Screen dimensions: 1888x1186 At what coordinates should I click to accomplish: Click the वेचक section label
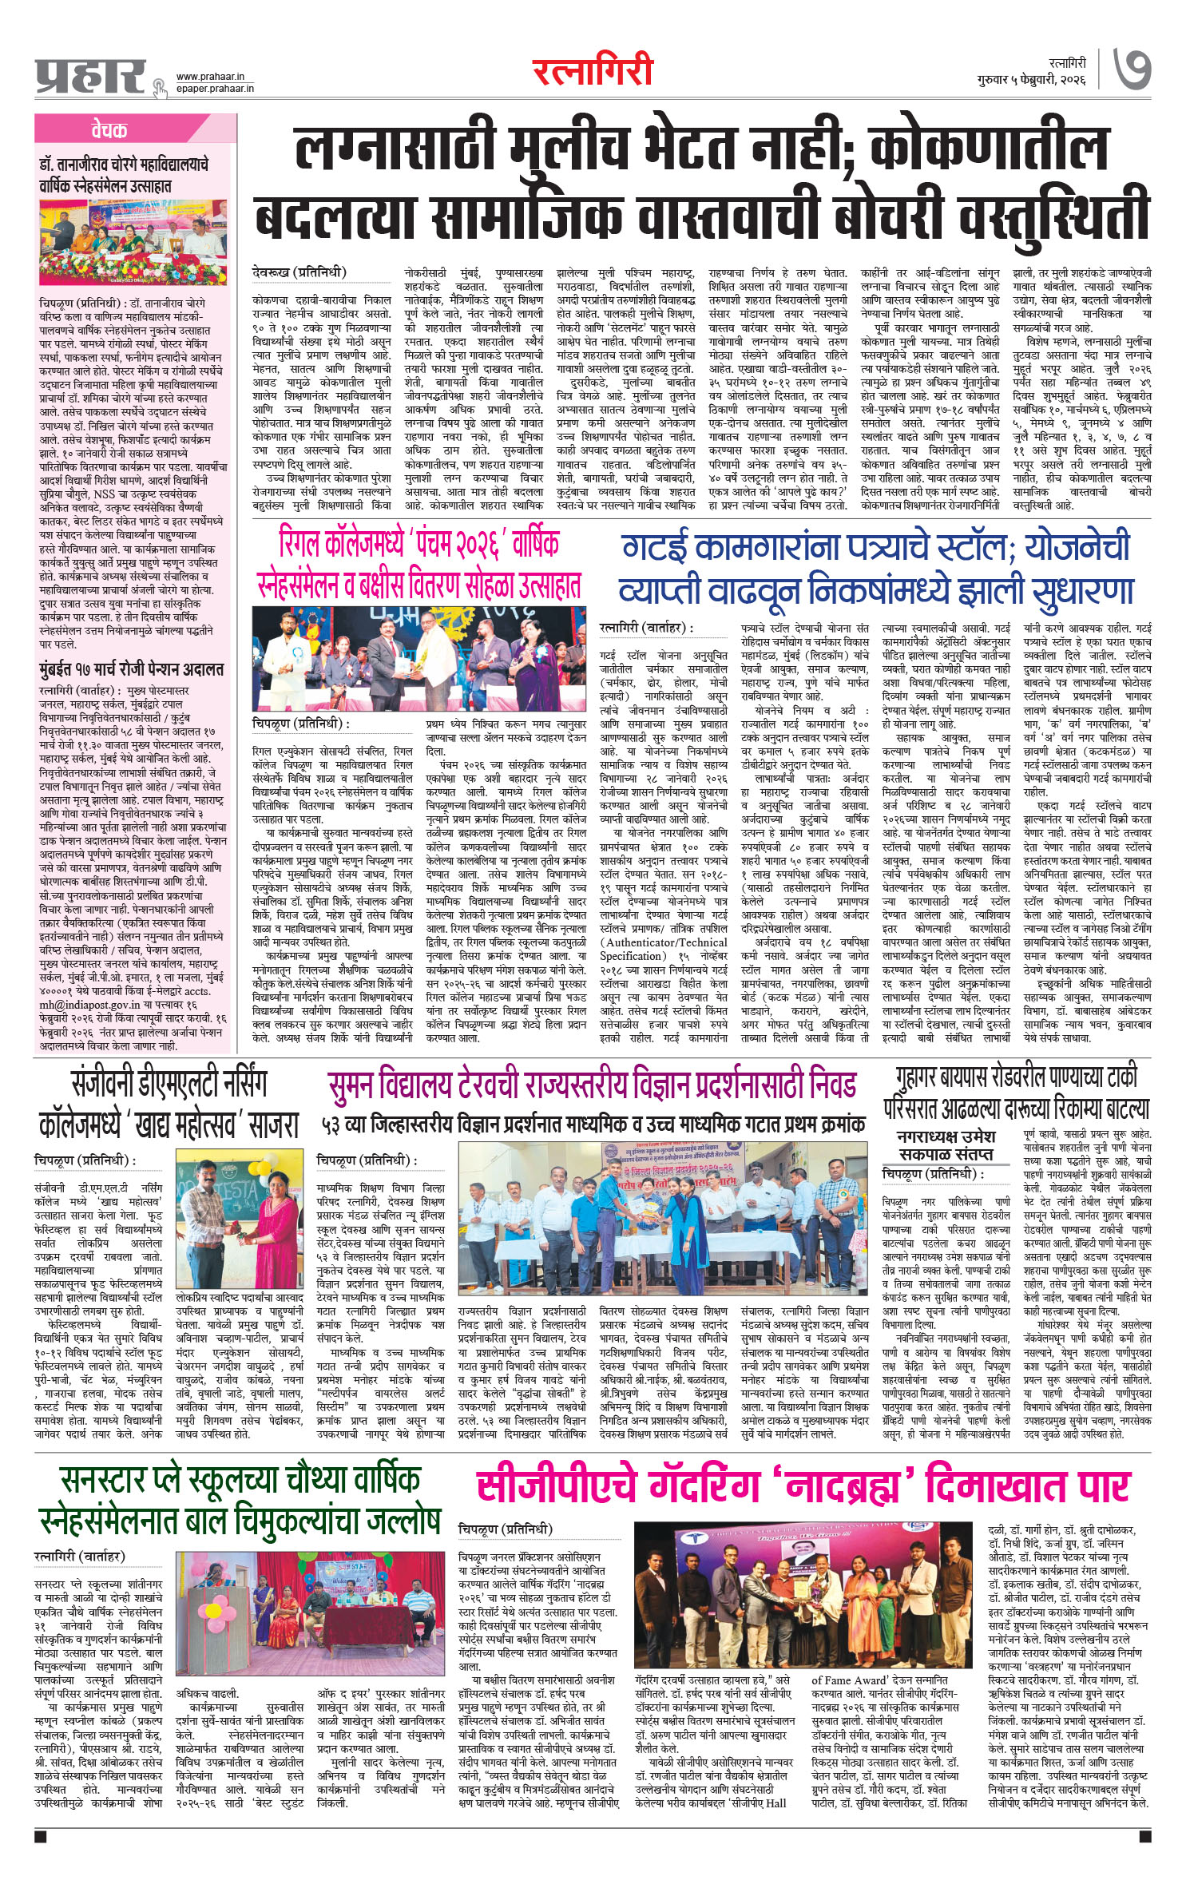pos(109,130)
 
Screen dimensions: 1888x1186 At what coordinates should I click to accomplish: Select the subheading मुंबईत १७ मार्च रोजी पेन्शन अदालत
pos(132,668)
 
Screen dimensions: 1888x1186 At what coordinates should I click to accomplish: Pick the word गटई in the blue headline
pos(654,547)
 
